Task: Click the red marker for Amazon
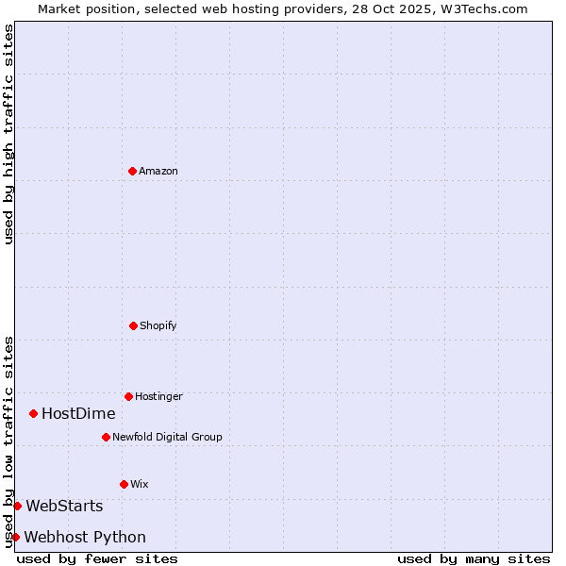132,171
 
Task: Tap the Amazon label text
158,172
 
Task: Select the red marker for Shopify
133,325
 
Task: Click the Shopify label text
158,326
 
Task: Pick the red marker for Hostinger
128,396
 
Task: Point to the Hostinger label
158,397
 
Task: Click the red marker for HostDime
33,413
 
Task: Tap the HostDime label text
78,414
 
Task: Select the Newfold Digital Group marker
106,437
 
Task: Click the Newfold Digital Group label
167,438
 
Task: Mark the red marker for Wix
124,484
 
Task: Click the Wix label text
140,485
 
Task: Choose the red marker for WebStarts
17,506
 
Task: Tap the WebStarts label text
64,508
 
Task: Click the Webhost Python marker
15,537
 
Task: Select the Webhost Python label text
85,538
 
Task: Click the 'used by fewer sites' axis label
97,558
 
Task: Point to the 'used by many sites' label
474,558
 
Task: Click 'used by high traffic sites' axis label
8,134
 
